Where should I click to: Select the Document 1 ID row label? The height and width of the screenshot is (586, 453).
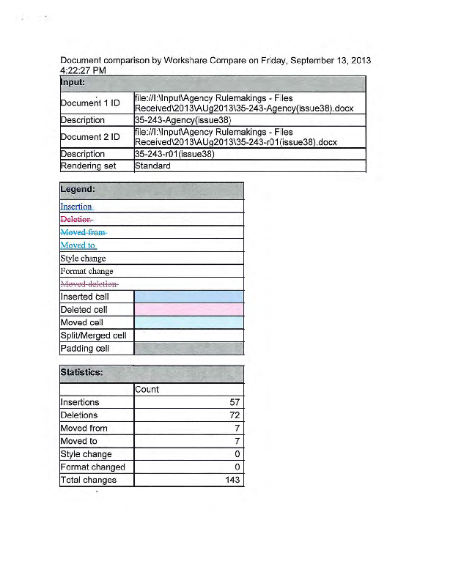click(x=90, y=103)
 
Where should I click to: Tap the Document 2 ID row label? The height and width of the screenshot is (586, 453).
click(x=90, y=137)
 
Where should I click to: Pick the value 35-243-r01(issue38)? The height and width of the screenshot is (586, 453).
click(x=174, y=154)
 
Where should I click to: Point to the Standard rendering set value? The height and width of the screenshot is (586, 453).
click(x=152, y=166)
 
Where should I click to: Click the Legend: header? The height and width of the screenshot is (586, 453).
click(x=78, y=190)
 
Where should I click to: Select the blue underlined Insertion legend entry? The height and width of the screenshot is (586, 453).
click(x=76, y=207)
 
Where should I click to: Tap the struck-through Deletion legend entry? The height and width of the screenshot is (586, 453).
click(x=76, y=219)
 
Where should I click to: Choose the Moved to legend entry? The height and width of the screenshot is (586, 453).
click(x=78, y=245)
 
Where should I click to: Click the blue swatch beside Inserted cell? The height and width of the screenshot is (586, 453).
click(x=188, y=297)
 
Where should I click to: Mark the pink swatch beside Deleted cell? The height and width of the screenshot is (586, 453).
click(x=188, y=310)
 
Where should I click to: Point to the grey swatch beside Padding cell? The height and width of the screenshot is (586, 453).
click(x=188, y=349)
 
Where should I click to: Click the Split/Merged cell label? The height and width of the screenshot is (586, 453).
click(x=93, y=335)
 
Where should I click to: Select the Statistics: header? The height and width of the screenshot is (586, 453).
click(x=81, y=372)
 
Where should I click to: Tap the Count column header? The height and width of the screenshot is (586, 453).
click(x=147, y=389)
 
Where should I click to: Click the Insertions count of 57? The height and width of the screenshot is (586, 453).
click(x=235, y=402)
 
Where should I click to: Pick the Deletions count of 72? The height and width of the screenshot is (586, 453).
click(x=235, y=415)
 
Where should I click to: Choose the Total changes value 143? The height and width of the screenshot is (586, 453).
click(x=232, y=481)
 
